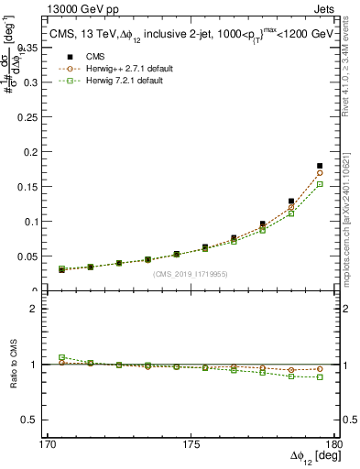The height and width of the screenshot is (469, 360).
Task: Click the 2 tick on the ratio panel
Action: click(42, 309)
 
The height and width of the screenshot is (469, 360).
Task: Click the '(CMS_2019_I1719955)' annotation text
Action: click(191, 273)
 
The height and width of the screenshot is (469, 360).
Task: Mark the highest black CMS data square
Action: click(320, 166)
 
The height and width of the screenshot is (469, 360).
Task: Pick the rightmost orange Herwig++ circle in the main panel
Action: click(320, 172)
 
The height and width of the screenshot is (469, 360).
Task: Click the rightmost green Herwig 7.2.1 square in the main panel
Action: click(320, 184)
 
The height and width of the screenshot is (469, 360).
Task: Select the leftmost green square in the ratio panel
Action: click(61, 357)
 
